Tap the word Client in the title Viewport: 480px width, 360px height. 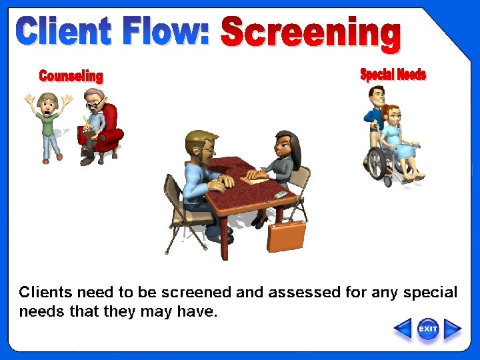(x=63, y=33)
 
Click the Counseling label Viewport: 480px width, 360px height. (x=71, y=75)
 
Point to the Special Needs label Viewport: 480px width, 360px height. (x=393, y=74)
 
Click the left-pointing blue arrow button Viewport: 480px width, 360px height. (x=403, y=329)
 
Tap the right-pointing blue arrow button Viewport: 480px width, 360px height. (x=453, y=329)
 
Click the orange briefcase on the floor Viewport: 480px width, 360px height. (x=286, y=235)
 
